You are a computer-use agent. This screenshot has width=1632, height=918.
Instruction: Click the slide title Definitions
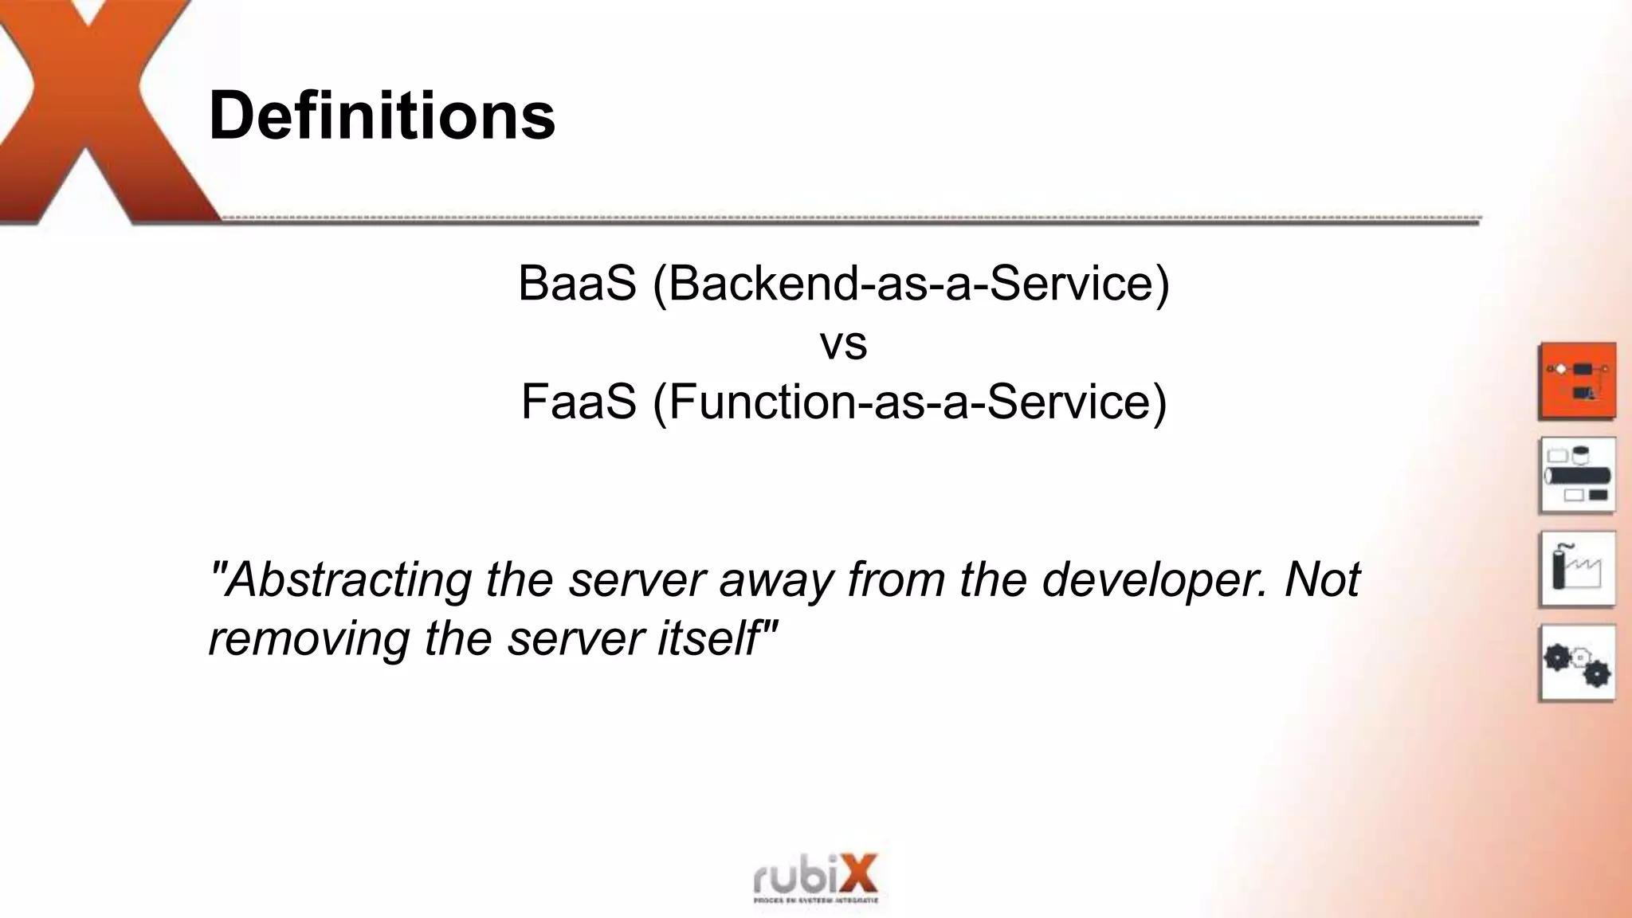[382, 116]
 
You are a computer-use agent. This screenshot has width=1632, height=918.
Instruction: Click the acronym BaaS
[577, 283]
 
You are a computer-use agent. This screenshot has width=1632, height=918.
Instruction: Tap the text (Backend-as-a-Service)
[911, 283]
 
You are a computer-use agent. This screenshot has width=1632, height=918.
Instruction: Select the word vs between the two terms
[843, 343]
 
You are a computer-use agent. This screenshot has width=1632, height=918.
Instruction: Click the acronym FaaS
[579, 402]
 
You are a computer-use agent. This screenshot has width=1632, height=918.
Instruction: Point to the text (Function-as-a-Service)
[909, 402]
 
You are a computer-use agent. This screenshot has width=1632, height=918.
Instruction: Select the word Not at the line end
[1323, 579]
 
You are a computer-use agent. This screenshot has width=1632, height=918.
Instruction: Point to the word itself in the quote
[714, 638]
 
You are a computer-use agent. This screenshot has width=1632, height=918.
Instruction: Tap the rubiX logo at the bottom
[815, 879]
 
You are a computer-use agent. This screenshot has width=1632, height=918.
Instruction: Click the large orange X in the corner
[96, 112]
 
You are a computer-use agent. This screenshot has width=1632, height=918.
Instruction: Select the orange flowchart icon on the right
[1577, 381]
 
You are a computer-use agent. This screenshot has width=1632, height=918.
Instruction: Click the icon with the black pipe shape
[1577, 475]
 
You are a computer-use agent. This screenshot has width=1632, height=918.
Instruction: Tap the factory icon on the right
[1577, 569]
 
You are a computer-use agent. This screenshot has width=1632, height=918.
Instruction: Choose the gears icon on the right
[1577, 663]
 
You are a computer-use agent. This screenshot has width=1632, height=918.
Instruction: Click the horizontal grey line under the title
[845, 221]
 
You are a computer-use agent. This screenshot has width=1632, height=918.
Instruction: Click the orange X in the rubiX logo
[856, 873]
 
